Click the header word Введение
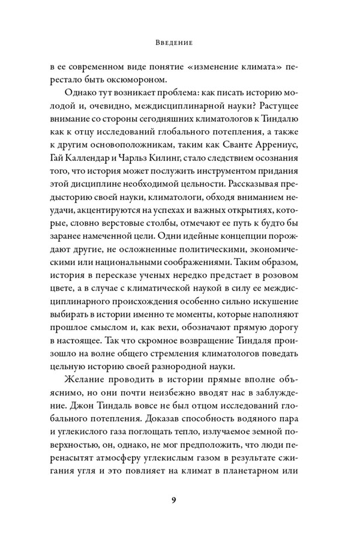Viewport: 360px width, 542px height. (180, 43)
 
